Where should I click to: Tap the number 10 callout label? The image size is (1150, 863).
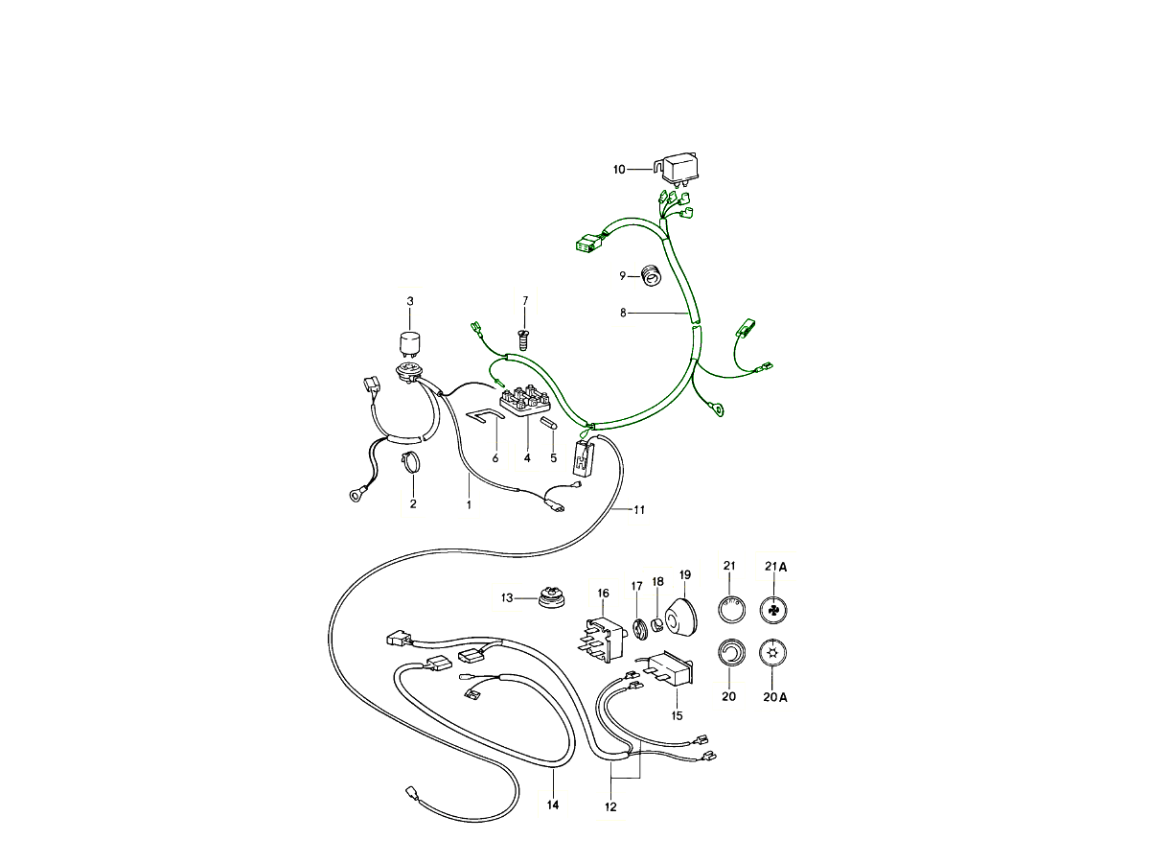point(619,170)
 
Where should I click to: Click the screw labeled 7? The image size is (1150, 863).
point(524,339)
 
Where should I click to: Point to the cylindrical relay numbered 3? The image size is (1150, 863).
point(410,343)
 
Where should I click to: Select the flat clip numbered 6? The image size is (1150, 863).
point(485,414)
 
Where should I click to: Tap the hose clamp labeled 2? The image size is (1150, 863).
point(413,462)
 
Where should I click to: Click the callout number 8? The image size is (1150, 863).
point(623,313)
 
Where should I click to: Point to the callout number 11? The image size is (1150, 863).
point(639,510)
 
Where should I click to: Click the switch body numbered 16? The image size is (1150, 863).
point(603,640)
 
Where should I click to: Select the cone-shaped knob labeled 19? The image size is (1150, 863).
point(681,617)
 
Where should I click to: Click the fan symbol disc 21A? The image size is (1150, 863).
point(773,611)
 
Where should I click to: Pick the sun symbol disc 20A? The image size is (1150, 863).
point(773,653)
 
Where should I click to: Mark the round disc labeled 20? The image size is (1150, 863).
point(730,653)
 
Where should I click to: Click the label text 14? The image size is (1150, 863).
point(553,805)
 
